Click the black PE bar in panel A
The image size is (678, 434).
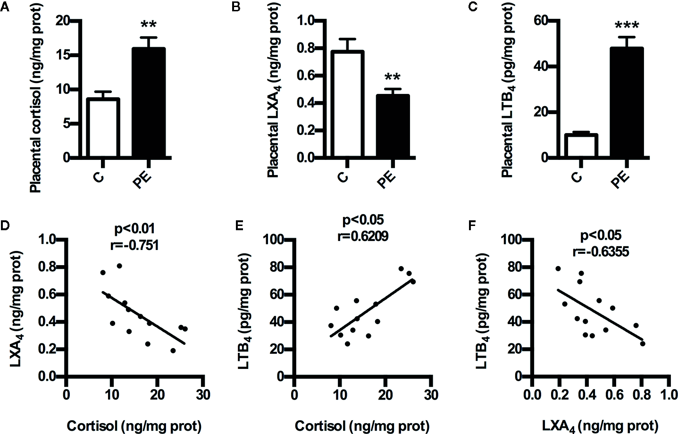click(x=148, y=102)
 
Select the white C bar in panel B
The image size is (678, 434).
click(x=347, y=104)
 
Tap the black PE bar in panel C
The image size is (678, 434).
click(x=627, y=102)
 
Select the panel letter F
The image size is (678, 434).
click(x=472, y=225)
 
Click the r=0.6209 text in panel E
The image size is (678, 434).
click(x=362, y=236)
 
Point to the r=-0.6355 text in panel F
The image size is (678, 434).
click(x=600, y=251)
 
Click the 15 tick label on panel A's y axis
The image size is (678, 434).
click(x=63, y=55)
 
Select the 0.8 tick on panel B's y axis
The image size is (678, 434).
click(x=305, y=48)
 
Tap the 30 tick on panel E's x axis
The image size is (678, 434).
click(x=431, y=394)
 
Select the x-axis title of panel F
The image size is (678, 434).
click(x=600, y=426)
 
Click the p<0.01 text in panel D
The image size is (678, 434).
click(x=134, y=229)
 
